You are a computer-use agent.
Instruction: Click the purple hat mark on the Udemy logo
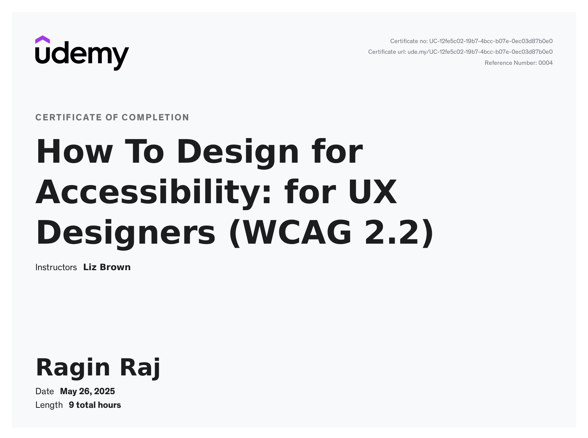(42, 40)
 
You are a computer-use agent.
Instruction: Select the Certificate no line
(472, 41)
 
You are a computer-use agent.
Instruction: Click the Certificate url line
(460, 52)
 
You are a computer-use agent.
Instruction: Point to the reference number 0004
(546, 63)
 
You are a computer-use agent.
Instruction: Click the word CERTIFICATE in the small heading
(69, 117)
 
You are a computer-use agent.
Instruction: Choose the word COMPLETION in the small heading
(155, 117)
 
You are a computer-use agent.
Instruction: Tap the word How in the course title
(75, 151)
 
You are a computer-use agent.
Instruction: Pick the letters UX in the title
(373, 192)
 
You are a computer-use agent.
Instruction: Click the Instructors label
(56, 267)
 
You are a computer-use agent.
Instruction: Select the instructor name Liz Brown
(107, 267)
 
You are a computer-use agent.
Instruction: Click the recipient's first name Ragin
(73, 368)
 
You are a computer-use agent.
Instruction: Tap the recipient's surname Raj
(140, 368)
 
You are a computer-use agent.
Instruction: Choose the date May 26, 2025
(87, 392)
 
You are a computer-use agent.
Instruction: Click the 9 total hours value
(95, 405)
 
